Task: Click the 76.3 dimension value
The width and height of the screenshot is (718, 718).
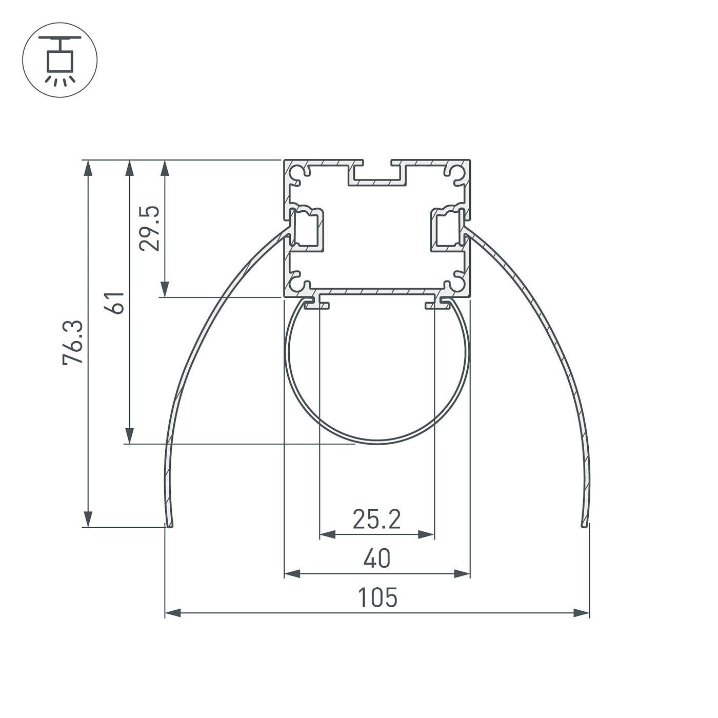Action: (73, 342)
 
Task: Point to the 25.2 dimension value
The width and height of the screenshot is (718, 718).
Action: (377, 519)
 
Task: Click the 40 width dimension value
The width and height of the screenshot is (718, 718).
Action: (377, 558)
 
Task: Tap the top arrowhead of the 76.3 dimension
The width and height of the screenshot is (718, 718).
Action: (88, 168)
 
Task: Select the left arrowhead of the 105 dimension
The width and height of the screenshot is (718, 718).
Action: (173, 612)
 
